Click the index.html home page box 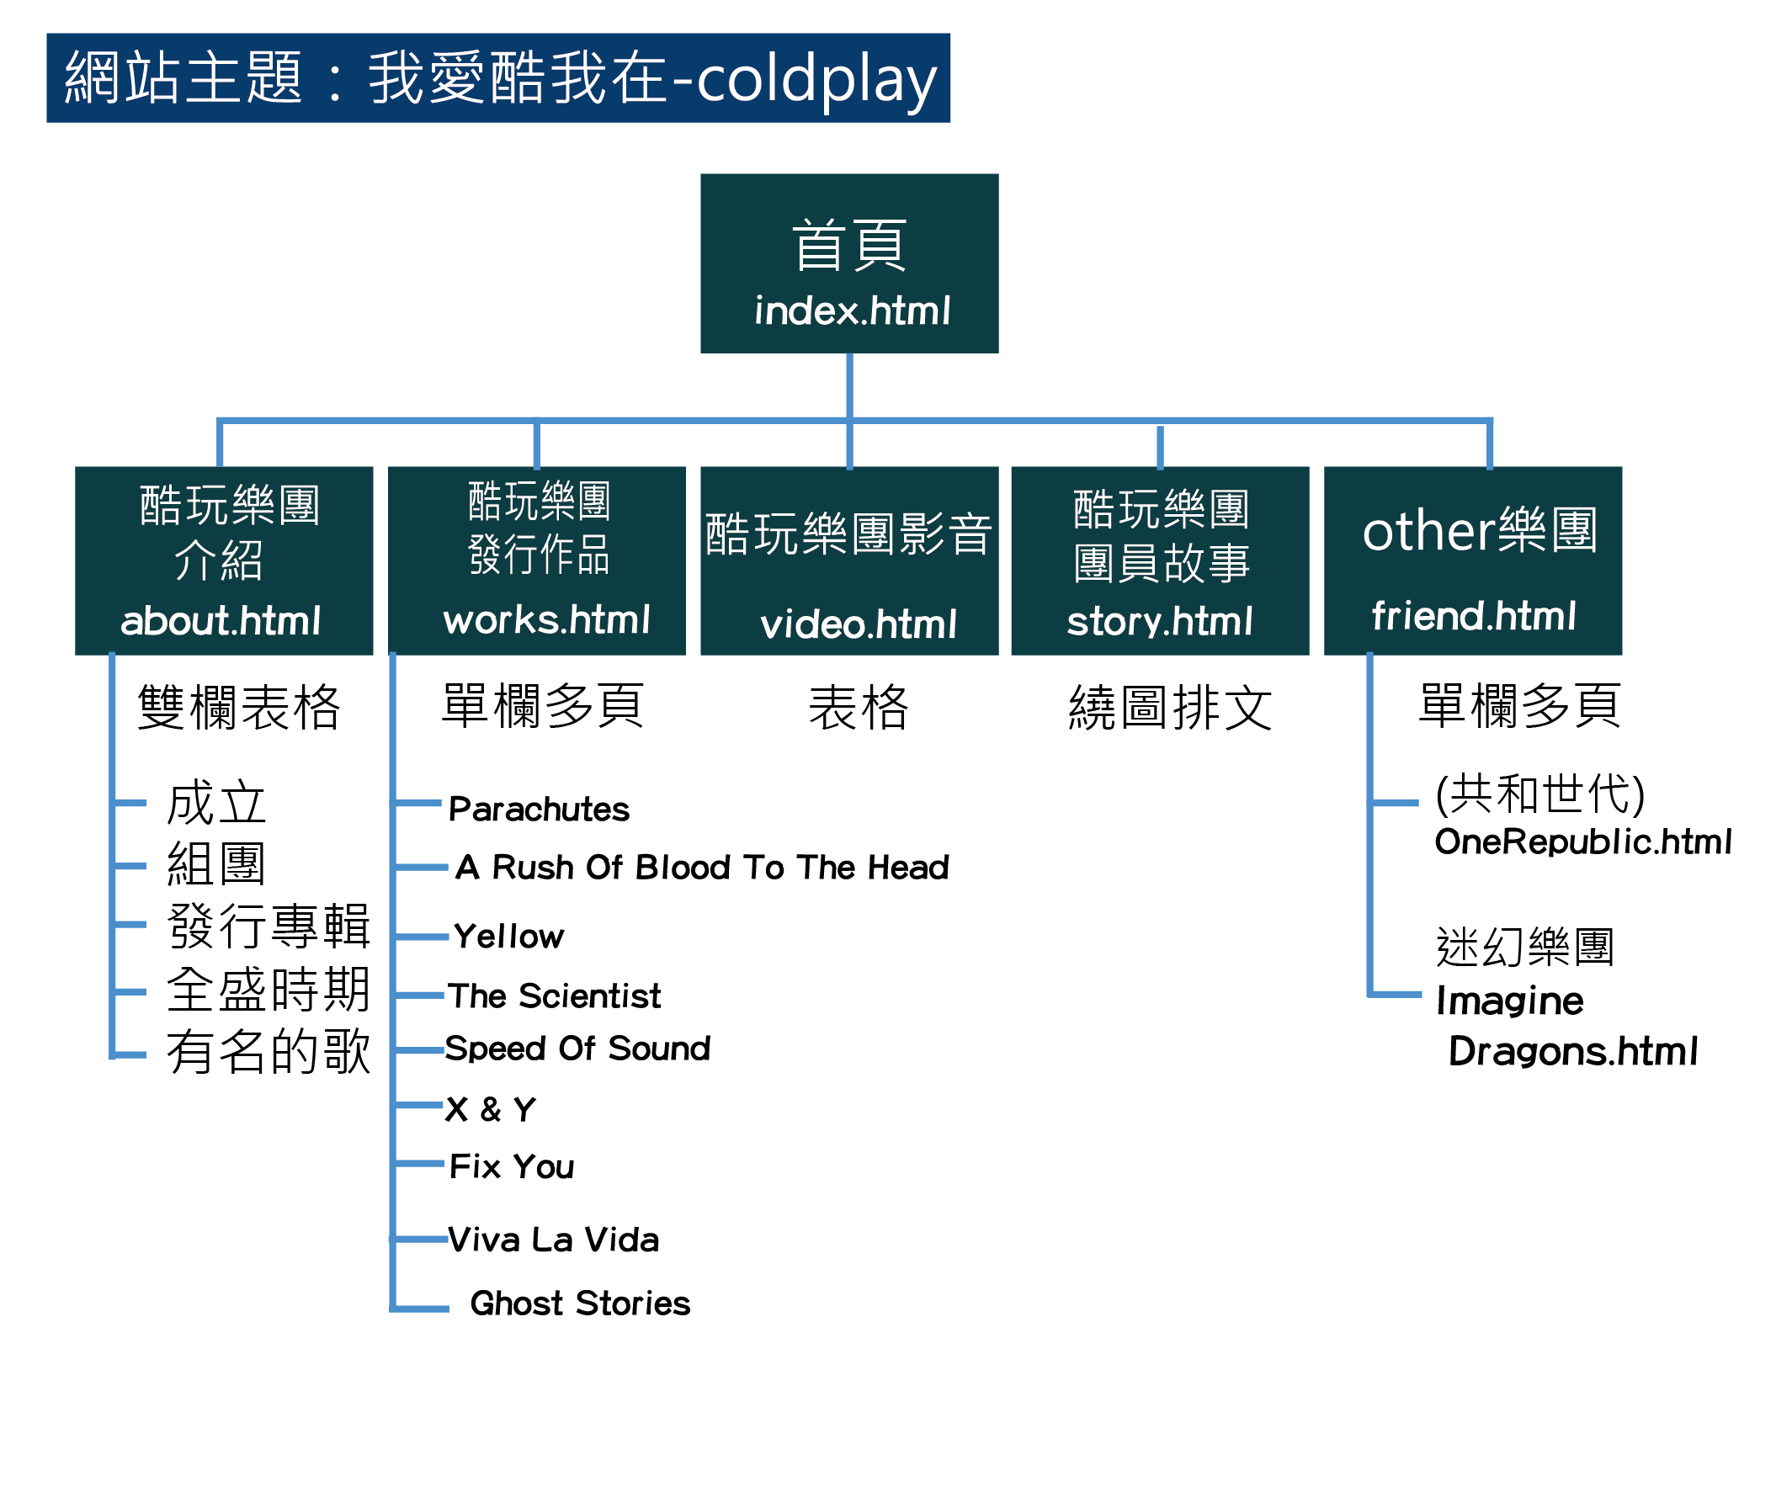(x=849, y=263)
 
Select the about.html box (x=224, y=560)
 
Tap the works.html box (x=537, y=560)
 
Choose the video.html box (x=849, y=560)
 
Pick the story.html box (x=1160, y=560)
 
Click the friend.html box (x=1472, y=560)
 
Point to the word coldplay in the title (x=816, y=79)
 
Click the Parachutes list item (x=539, y=809)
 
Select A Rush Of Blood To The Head (x=702, y=867)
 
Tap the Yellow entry (x=508, y=936)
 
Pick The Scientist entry (x=554, y=995)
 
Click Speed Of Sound (x=578, y=1048)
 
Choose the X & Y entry (x=491, y=1110)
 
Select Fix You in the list (x=512, y=1166)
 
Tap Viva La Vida (x=554, y=1240)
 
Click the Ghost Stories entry (x=580, y=1303)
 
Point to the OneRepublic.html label (x=1582, y=842)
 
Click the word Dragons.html (x=1573, y=1051)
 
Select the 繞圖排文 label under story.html (x=1170, y=708)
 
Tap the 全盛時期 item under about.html (x=269, y=990)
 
